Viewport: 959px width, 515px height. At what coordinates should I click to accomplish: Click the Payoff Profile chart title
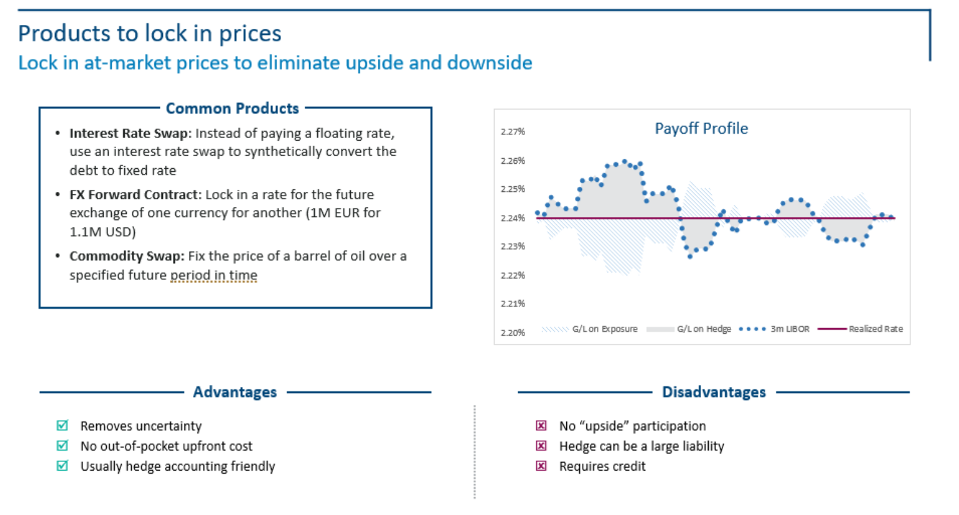click(701, 129)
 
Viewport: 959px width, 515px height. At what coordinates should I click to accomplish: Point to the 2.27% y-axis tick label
click(513, 132)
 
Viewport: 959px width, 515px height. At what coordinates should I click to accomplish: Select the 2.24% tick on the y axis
click(513, 218)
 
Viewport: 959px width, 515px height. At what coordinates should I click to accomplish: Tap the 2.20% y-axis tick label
click(513, 332)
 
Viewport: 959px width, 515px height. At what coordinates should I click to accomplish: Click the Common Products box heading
click(232, 109)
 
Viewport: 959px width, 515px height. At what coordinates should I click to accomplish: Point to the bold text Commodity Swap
click(127, 256)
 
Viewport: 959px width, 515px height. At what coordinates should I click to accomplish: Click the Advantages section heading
click(235, 392)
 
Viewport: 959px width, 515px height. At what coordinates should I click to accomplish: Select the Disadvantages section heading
click(714, 392)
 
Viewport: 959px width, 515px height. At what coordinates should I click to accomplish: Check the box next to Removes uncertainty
click(62, 426)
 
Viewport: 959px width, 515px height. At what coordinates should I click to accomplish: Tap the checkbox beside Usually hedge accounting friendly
click(62, 466)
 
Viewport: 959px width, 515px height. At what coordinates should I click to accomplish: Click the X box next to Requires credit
click(541, 466)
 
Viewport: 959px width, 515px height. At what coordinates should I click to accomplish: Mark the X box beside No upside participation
click(541, 426)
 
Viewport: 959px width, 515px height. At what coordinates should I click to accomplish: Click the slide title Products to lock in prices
click(150, 33)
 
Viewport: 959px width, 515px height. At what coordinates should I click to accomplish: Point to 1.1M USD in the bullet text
click(102, 232)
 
